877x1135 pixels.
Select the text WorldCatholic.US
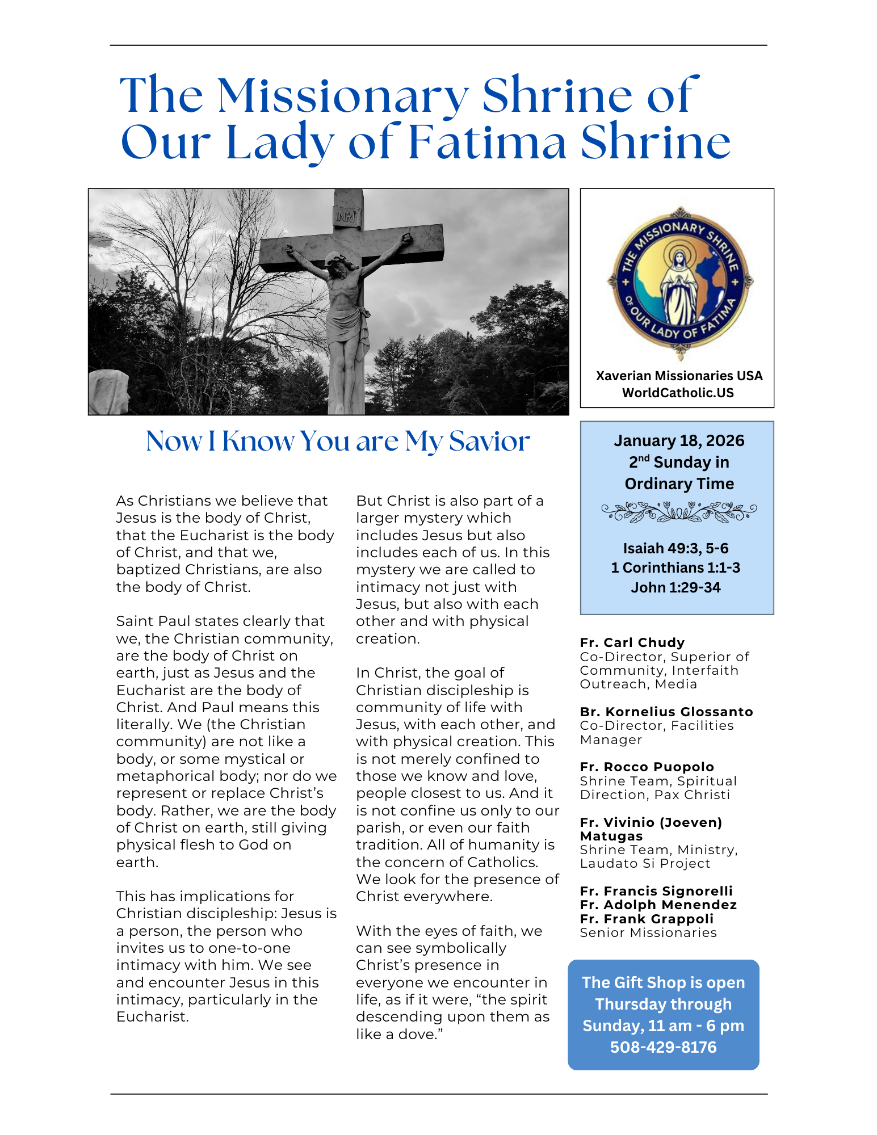pyautogui.click(x=678, y=393)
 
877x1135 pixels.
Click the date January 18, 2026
pyautogui.click(x=679, y=441)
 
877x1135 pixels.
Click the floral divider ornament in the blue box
pyautogui.click(x=679, y=512)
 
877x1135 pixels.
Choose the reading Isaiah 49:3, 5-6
pyautogui.click(x=675, y=548)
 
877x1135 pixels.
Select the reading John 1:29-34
pyautogui.click(x=675, y=587)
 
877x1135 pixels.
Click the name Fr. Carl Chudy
pyautogui.click(x=632, y=642)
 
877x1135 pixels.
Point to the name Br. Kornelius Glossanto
pyautogui.click(x=666, y=712)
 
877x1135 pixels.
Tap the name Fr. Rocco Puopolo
pyautogui.click(x=647, y=767)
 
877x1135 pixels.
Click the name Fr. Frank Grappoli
pyautogui.click(x=647, y=919)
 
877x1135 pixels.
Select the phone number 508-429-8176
pyautogui.click(x=663, y=1047)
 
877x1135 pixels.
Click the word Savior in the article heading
pyautogui.click(x=489, y=442)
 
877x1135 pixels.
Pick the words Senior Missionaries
pyautogui.click(x=648, y=933)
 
